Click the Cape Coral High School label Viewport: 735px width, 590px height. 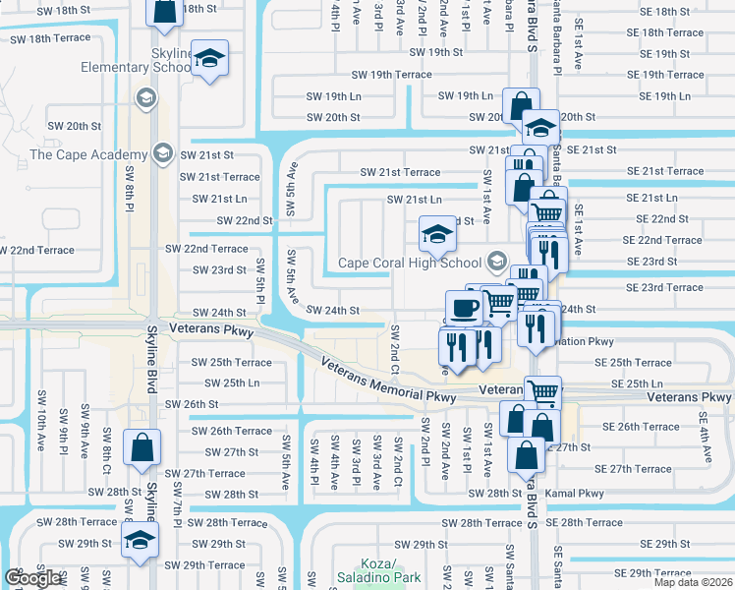(411, 263)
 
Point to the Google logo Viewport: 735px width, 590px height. (32, 579)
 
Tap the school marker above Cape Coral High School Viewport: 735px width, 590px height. (437, 234)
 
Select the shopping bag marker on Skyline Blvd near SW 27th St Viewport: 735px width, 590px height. (142, 447)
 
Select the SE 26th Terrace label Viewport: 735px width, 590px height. (641, 427)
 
